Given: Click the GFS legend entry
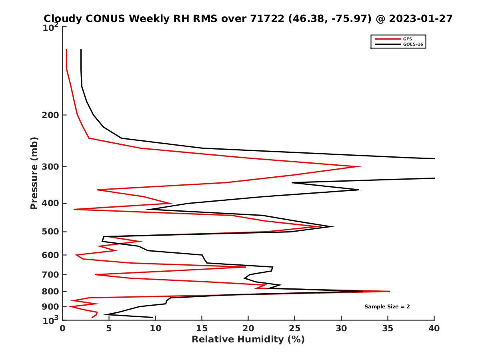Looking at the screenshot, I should pyautogui.click(x=407, y=39).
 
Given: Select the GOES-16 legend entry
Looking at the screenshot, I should pyautogui.click(x=412, y=44).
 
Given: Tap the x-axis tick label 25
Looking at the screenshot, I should pyautogui.click(x=295, y=328).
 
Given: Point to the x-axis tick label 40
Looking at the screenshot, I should pyautogui.click(x=434, y=328).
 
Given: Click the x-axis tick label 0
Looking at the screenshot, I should pyautogui.click(x=63, y=328).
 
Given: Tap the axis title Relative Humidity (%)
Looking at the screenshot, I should pyautogui.click(x=248, y=340).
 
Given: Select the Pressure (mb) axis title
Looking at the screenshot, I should pyautogui.click(x=34, y=173).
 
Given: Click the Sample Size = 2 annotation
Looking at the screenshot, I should pyautogui.click(x=387, y=307).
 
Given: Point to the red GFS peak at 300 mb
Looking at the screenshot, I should pyautogui.click(x=360, y=167).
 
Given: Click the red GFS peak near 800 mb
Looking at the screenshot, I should pyautogui.click(x=389, y=291).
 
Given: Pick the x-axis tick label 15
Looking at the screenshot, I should pyautogui.click(x=202, y=328).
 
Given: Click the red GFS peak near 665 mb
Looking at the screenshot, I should pyautogui.click(x=246, y=267).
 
